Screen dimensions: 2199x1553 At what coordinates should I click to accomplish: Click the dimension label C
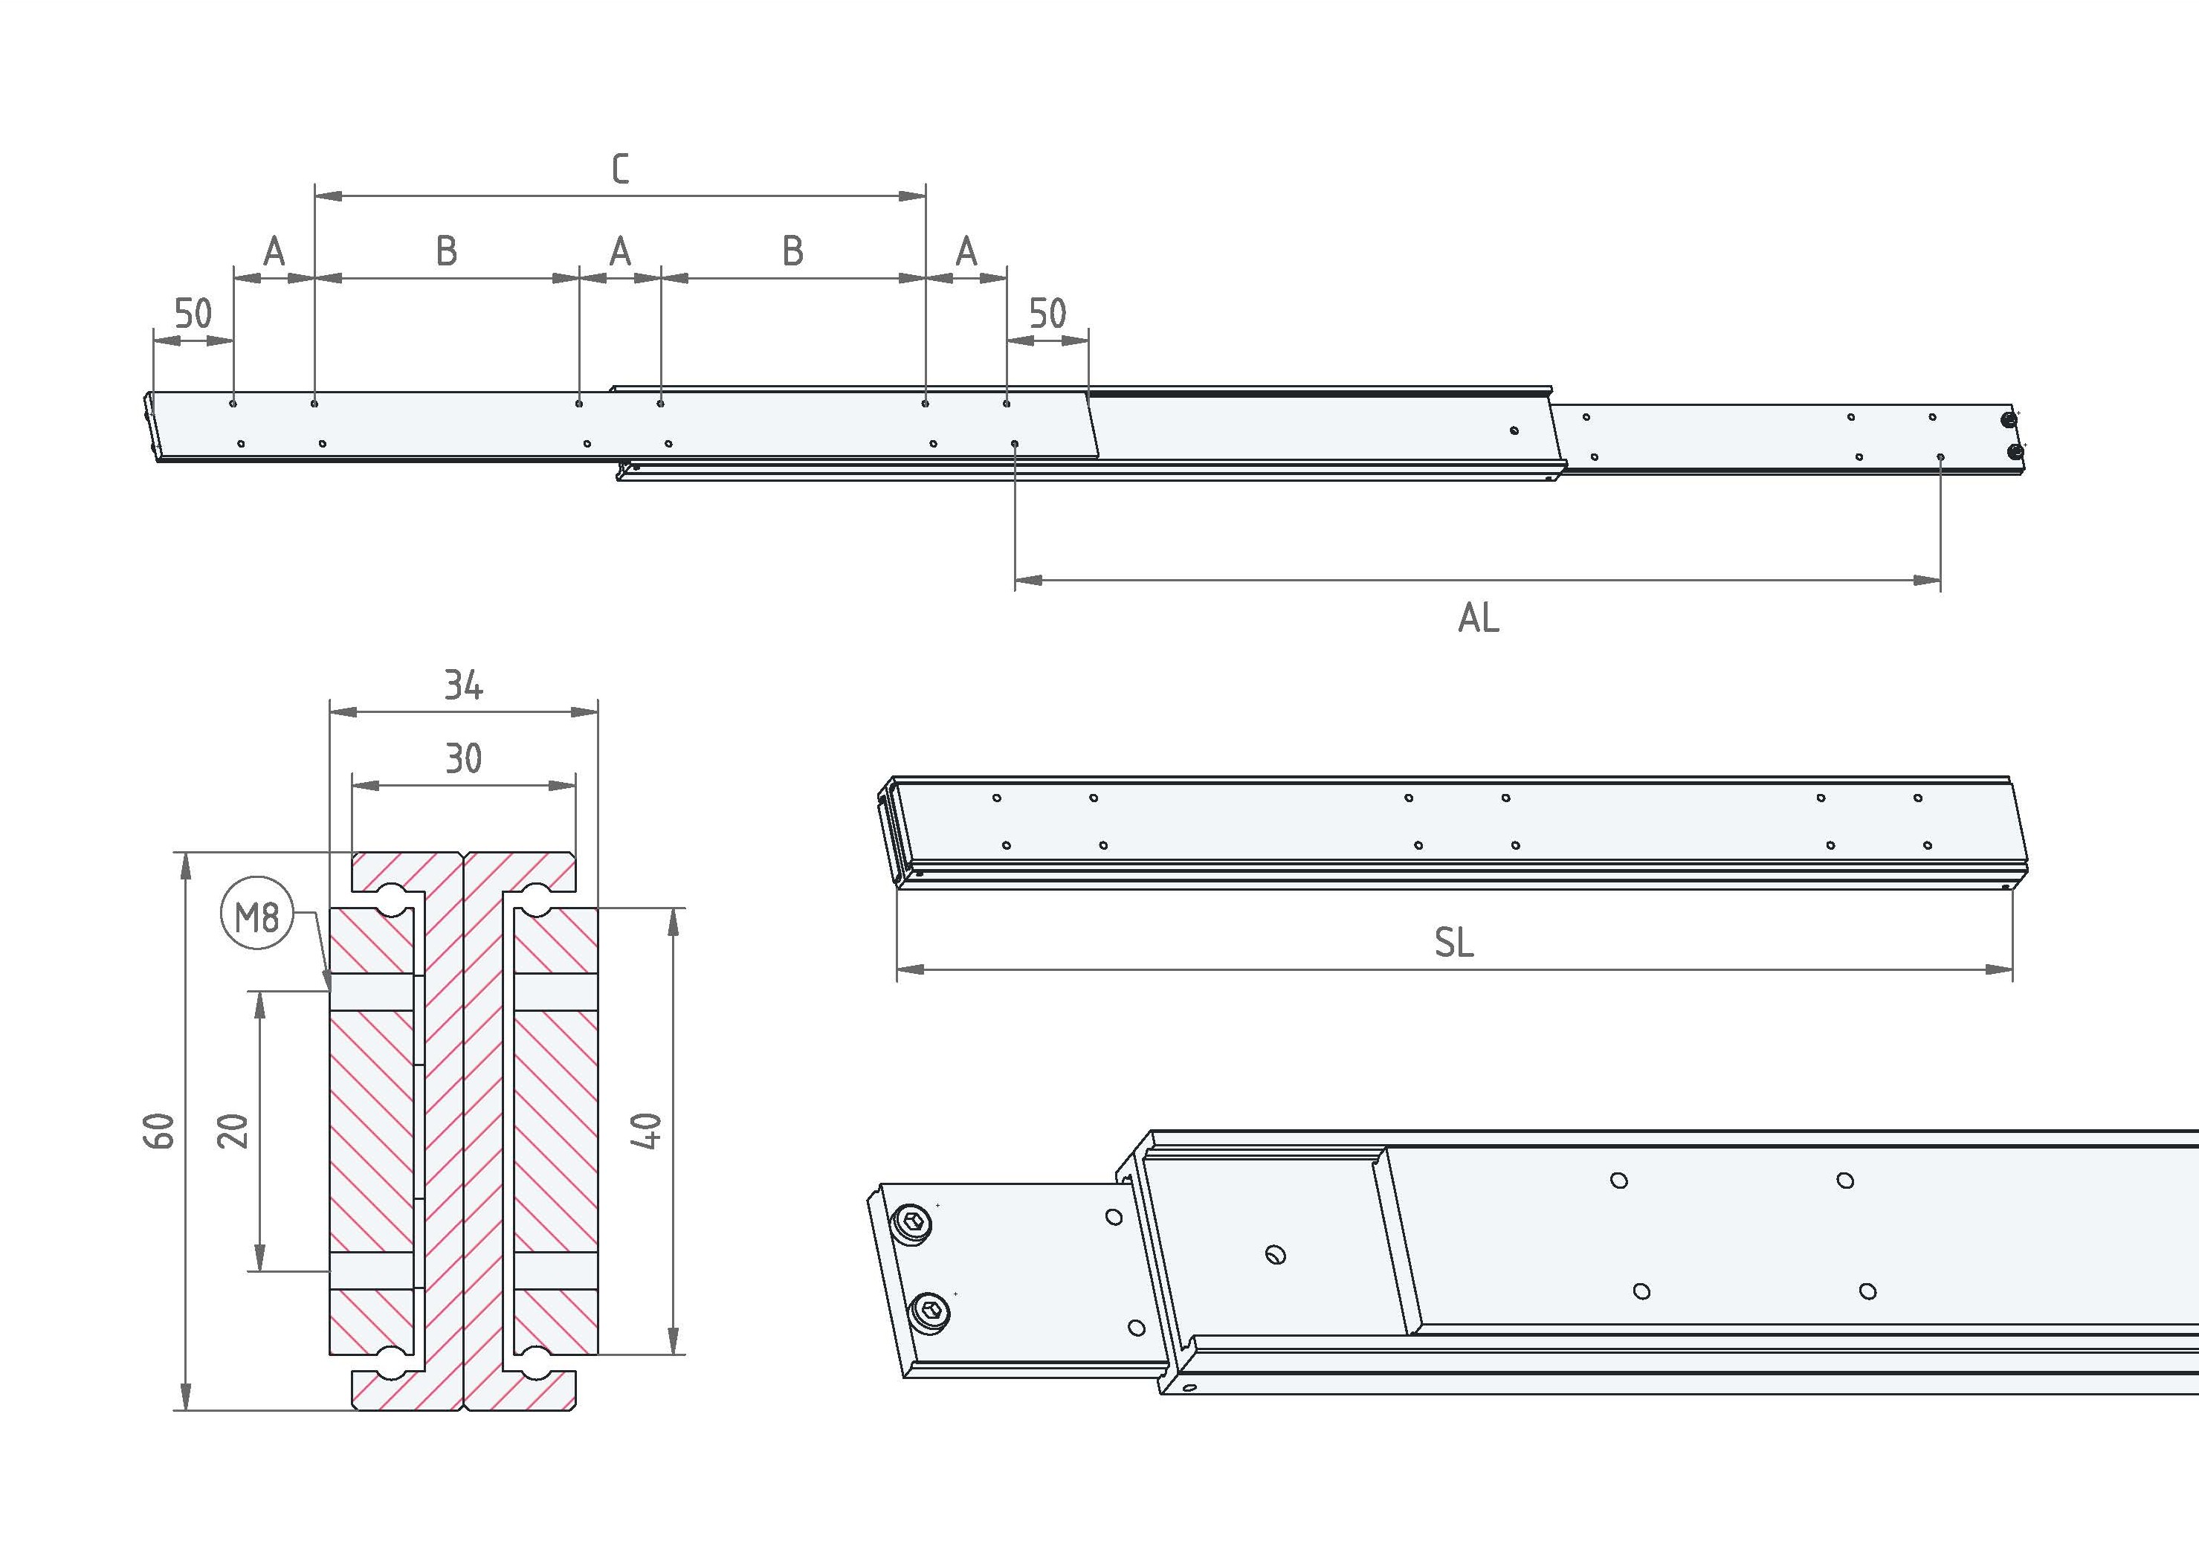621,169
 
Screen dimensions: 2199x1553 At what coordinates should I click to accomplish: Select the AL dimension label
1478,618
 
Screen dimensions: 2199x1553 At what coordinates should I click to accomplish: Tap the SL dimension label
1454,943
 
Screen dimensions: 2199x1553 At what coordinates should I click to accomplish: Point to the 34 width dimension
464,685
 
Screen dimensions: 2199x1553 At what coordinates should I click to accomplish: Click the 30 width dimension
464,759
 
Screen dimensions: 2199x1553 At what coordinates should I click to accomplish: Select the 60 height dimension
160,1131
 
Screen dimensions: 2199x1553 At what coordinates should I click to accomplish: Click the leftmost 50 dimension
193,313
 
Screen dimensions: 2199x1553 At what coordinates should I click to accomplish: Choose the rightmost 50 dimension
1047,313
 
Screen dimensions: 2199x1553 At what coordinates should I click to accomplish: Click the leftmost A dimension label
274,251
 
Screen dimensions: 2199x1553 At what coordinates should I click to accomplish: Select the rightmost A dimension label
966,251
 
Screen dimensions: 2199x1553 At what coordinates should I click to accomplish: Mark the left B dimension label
446,251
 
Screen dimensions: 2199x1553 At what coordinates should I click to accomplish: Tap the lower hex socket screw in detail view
932,1310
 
